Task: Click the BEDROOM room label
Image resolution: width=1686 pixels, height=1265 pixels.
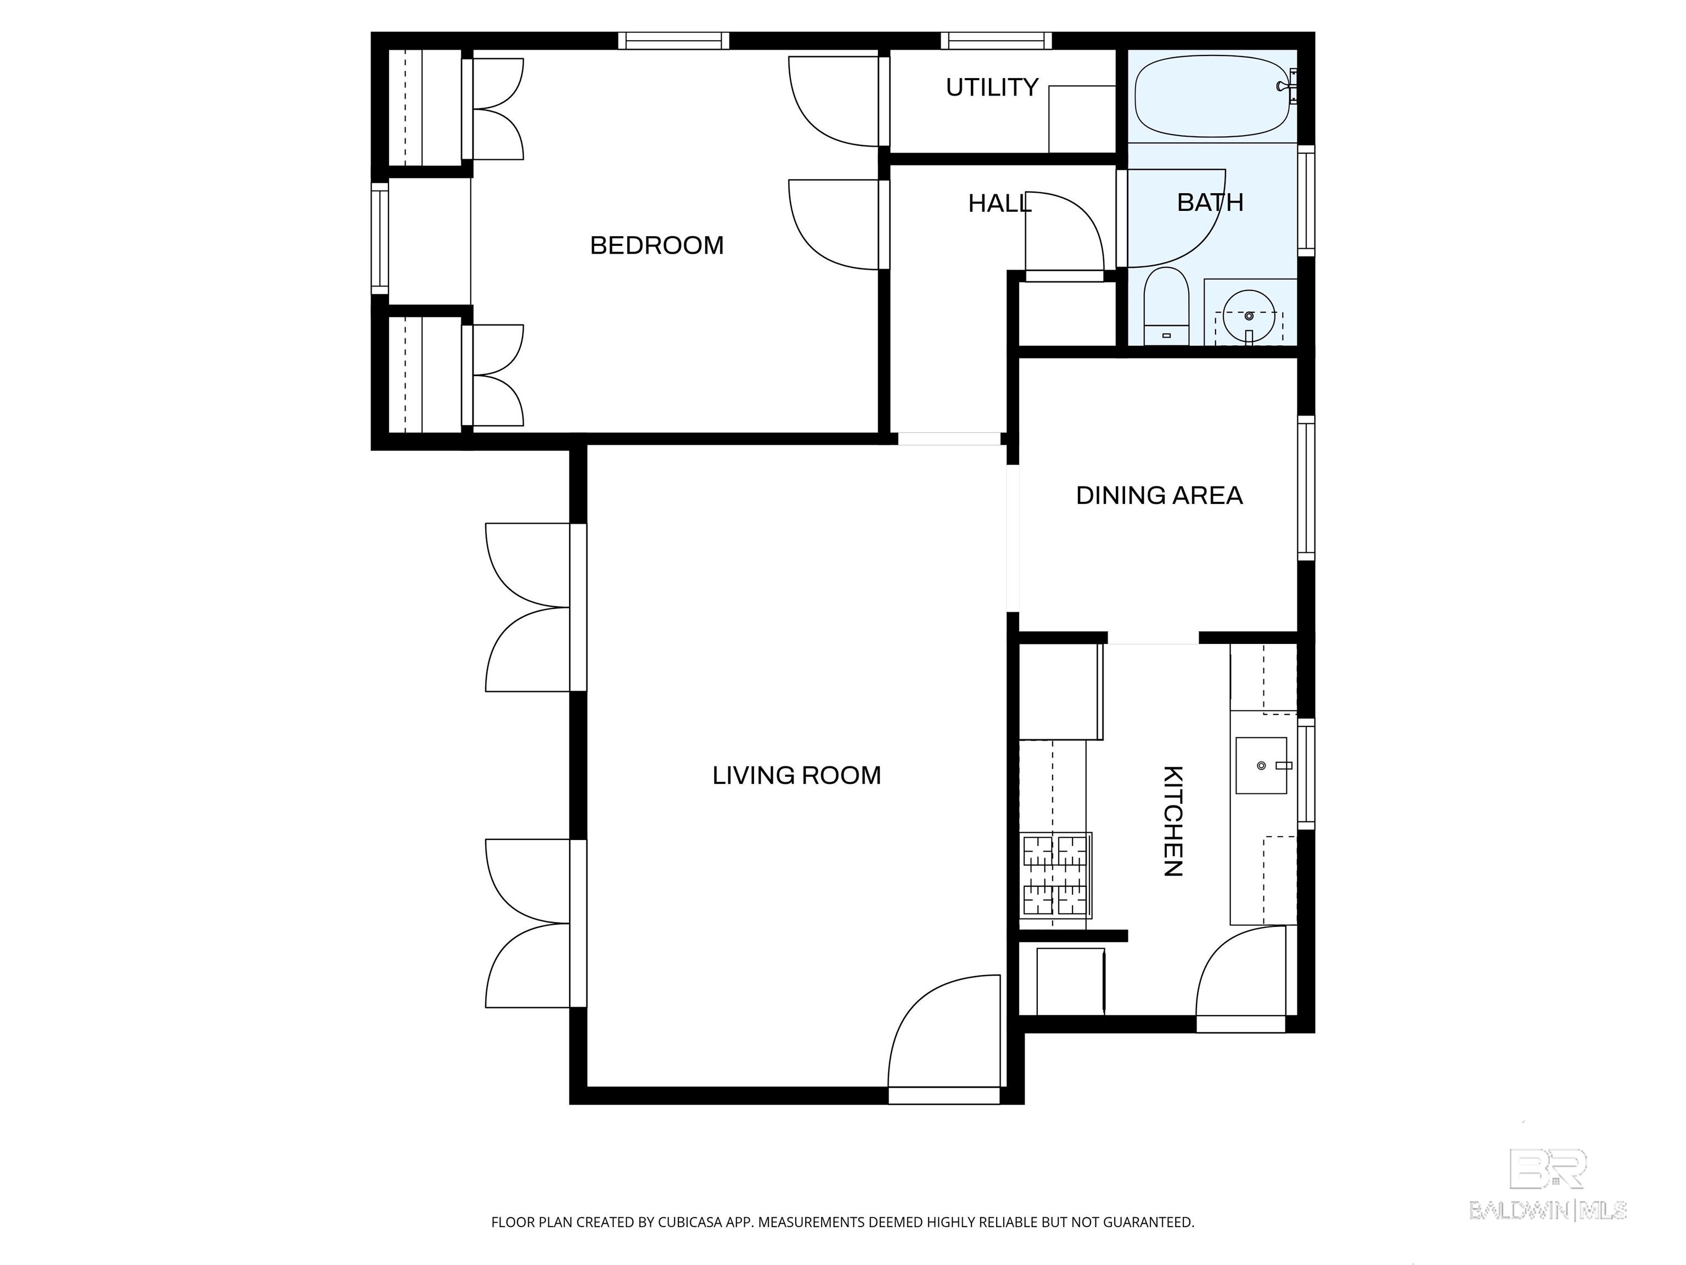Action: click(x=656, y=245)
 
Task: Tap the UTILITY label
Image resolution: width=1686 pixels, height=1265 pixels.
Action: click(x=992, y=88)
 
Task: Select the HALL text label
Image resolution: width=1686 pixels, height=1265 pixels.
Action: click(x=999, y=204)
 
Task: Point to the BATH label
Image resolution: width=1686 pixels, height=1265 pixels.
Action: click(x=1210, y=202)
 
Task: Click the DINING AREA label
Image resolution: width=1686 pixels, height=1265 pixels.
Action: click(x=1159, y=496)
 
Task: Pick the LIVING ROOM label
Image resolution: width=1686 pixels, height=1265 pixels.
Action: click(x=796, y=775)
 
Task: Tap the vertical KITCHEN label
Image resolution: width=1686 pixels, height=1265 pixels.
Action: click(x=1173, y=821)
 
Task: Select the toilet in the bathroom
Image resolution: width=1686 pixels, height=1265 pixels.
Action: click(x=1166, y=306)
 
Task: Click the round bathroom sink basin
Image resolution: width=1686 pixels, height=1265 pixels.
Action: click(x=1249, y=316)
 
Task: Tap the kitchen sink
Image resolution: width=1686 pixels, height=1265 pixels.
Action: click(x=1261, y=765)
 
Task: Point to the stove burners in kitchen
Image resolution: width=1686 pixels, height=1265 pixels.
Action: click(x=1055, y=875)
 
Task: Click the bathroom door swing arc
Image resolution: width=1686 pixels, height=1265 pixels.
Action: click(x=1176, y=218)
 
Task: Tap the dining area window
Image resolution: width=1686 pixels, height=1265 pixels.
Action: click(x=1306, y=488)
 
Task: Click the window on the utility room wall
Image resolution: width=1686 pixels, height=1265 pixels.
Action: click(x=996, y=41)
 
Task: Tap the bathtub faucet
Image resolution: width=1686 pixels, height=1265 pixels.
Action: click(x=1292, y=86)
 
